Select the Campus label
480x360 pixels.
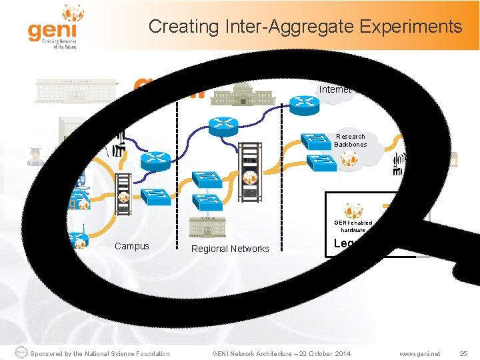click(131, 246)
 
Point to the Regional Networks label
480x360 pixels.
click(230, 249)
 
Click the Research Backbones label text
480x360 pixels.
click(350, 141)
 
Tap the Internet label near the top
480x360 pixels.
click(335, 89)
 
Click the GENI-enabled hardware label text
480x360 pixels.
click(353, 227)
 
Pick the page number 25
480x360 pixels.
click(464, 353)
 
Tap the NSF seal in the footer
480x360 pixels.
click(21, 353)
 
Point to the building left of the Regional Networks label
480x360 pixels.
click(207, 227)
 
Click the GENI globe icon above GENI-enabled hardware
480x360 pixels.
click(353, 210)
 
